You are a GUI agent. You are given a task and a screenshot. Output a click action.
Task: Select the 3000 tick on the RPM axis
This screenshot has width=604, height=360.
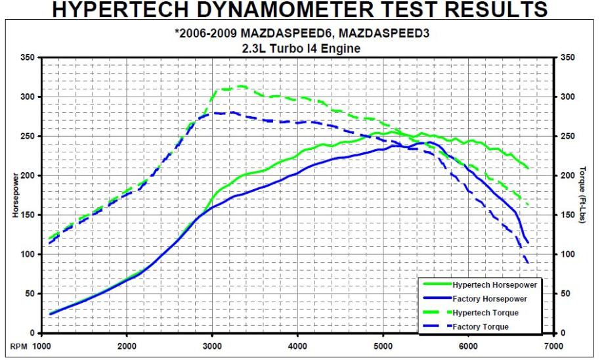point(212,345)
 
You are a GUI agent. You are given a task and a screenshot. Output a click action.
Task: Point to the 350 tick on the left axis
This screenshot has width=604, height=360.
point(28,58)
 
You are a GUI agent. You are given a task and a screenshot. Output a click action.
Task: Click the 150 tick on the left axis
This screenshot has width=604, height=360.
point(28,215)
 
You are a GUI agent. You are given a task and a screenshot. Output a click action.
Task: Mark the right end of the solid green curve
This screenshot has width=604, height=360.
point(528,168)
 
